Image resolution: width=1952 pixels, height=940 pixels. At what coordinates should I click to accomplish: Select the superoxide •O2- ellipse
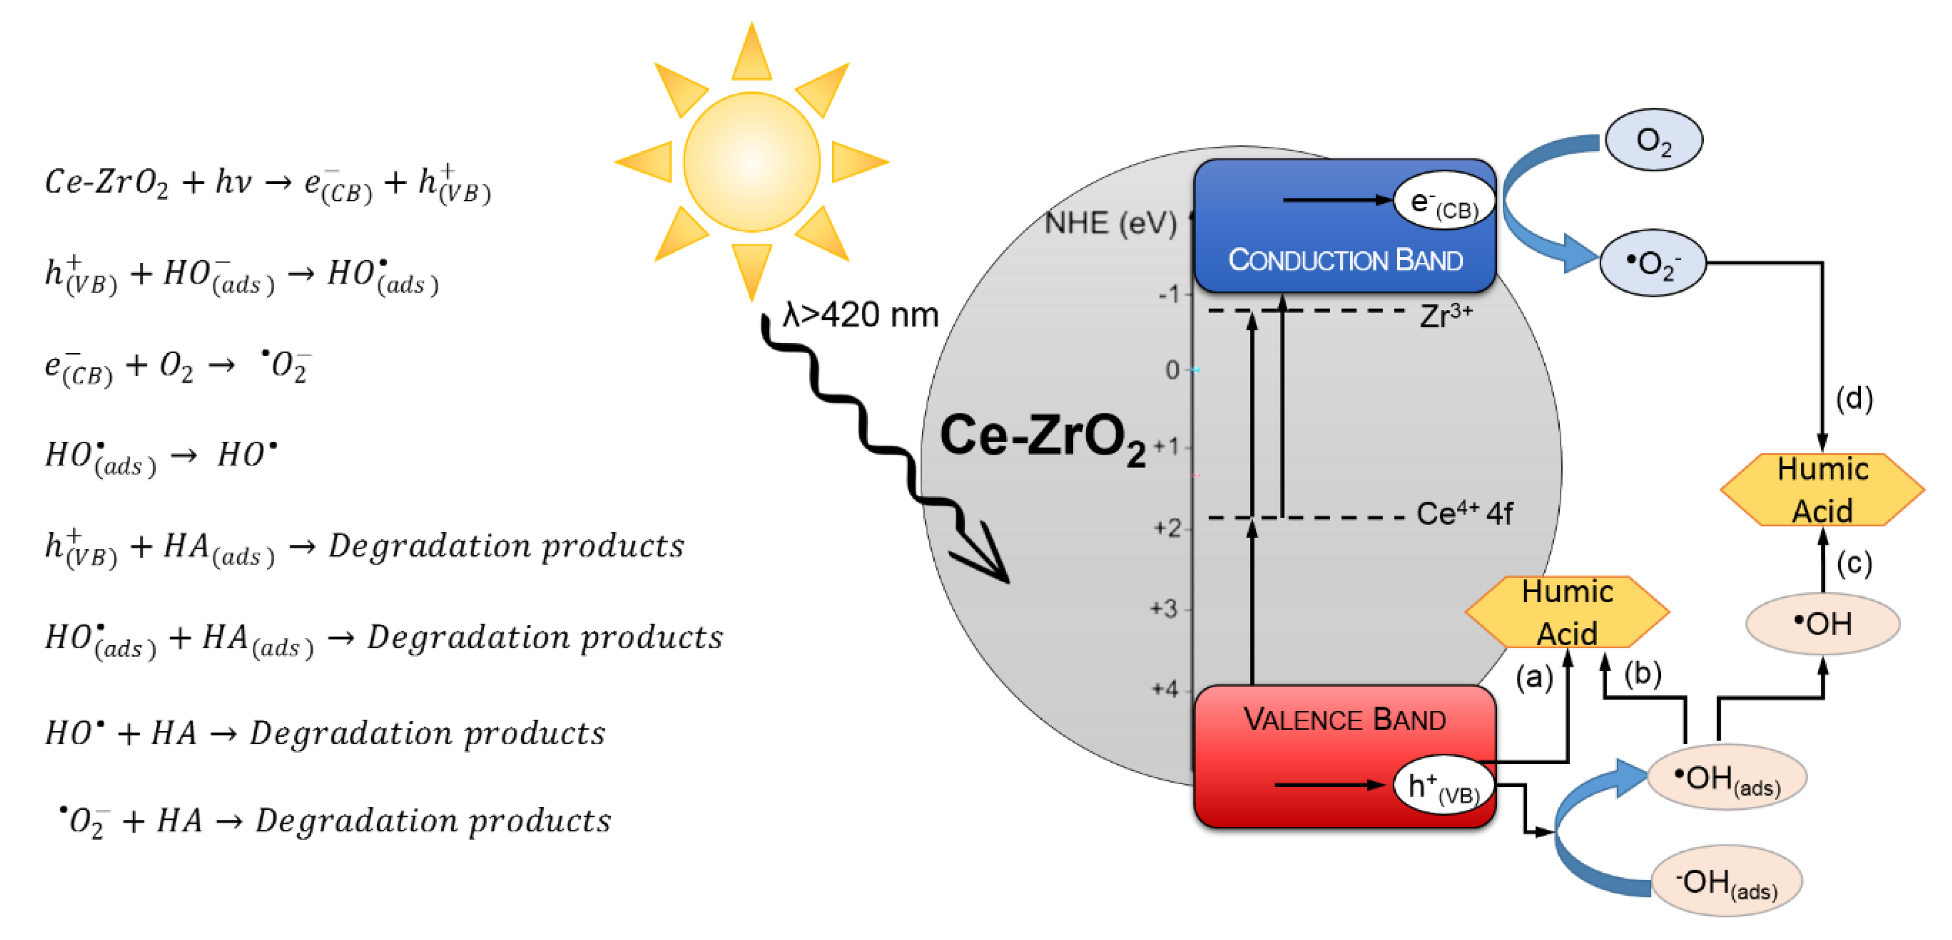point(1653,263)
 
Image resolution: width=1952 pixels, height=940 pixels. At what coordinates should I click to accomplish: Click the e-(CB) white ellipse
point(1443,201)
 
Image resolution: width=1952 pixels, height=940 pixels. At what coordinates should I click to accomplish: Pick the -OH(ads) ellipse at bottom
point(1725,881)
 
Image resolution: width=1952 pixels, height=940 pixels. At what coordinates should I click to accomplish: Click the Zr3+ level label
point(1446,315)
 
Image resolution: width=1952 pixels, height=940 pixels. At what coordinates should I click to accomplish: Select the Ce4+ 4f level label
point(1464,514)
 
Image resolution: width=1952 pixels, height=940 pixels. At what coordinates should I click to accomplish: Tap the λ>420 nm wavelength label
point(861,315)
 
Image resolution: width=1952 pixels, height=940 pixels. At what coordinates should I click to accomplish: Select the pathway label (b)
point(1642,673)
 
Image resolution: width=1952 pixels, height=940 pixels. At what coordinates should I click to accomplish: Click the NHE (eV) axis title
point(1110,223)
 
